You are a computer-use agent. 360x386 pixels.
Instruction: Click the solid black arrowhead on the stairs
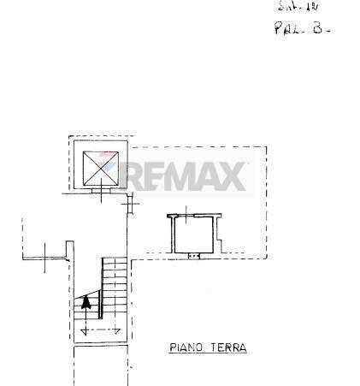point(86,301)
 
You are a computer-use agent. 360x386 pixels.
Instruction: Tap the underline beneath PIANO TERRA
point(206,356)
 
